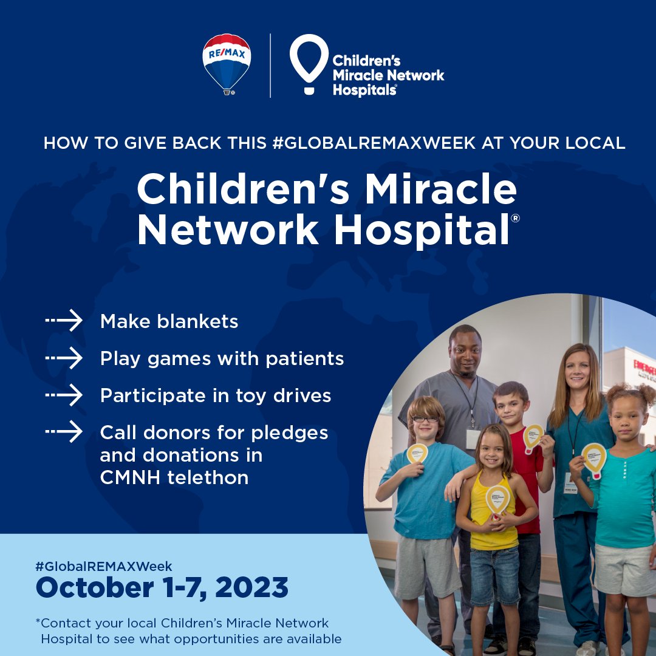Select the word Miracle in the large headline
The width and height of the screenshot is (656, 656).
[441, 190]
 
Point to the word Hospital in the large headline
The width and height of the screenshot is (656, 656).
[422, 230]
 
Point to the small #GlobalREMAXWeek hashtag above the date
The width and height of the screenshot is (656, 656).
[104, 566]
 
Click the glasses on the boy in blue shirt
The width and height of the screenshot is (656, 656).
[426, 419]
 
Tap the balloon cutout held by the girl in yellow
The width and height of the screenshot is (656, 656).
[498, 498]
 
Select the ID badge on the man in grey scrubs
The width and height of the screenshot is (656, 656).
[473, 439]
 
